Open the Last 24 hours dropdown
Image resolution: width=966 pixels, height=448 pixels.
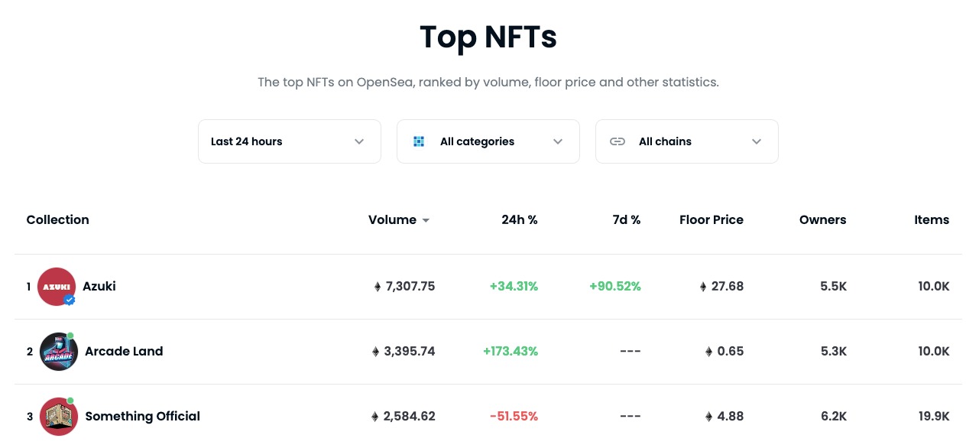289,141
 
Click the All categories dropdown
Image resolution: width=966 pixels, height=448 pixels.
488,141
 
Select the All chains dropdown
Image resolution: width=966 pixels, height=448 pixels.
686,141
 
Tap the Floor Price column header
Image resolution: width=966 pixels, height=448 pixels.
711,220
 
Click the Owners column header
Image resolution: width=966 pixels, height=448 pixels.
822,220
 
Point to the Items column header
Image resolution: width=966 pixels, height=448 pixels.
932,220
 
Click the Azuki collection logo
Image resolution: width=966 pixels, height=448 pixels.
56,287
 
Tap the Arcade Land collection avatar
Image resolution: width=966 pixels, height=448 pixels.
59,352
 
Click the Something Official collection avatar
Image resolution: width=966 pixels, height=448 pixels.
59,417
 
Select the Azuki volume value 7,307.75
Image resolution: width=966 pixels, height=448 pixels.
410,287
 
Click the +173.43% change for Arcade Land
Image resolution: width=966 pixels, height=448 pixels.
511,352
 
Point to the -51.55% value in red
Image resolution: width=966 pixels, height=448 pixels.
514,417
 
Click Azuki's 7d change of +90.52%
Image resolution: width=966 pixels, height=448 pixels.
614,287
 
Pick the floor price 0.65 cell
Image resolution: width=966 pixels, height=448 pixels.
729,352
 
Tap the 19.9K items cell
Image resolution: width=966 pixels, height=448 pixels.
933,417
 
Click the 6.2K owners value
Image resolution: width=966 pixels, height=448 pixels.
832,417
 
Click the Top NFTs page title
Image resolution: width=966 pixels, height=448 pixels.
488,37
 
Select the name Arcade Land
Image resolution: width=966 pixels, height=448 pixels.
124,352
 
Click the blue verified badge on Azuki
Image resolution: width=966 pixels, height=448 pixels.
70,300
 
